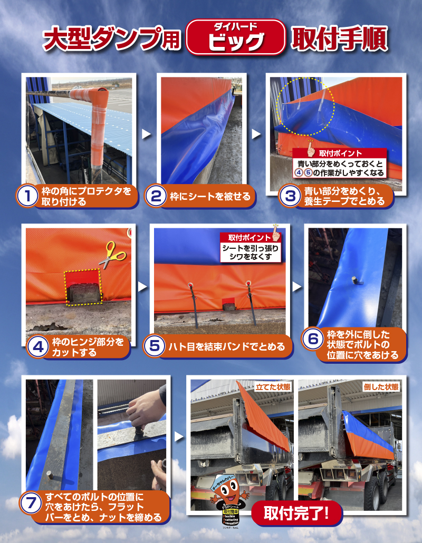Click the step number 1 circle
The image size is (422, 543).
pos(26,196)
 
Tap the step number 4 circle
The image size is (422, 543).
pos(36,347)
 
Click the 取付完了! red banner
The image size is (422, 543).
pos(296,512)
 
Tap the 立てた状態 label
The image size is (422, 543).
pos(273,386)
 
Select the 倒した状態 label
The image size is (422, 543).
pos(381,386)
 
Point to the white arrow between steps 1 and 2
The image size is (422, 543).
pos(147,134)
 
